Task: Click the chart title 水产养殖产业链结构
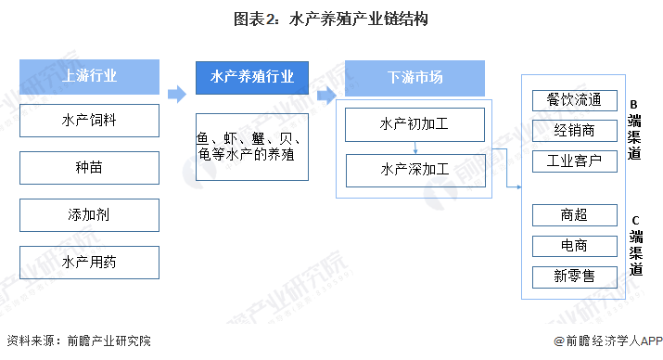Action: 331,19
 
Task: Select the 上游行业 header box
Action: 89,76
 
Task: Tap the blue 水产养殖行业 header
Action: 251,76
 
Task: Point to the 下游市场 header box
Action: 414,76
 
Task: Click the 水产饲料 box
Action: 89,120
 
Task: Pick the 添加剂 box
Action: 89,214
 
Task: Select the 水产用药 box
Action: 89,262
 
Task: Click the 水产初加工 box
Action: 414,123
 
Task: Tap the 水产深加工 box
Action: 414,170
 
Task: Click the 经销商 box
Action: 574,130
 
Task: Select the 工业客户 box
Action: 574,161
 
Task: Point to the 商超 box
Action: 574,215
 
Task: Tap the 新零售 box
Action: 574,276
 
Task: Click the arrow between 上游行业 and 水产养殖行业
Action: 177,93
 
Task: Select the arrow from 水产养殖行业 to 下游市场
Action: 325,94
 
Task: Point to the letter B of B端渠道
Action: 634,104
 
